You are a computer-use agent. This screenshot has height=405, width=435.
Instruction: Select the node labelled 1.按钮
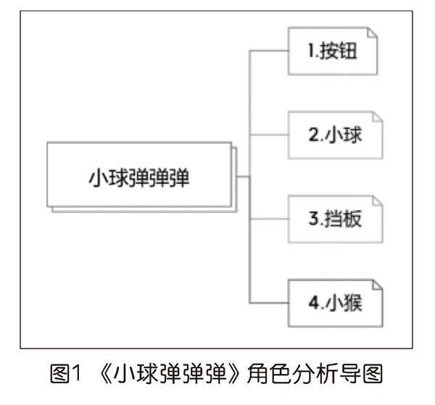[x=334, y=51]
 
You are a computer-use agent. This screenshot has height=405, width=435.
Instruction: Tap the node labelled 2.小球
[x=334, y=135]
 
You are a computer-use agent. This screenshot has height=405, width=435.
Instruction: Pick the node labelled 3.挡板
[x=334, y=218]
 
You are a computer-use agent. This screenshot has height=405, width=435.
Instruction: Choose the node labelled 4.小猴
[x=334, y=301]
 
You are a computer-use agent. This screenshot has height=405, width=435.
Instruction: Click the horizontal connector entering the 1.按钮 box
[x=269, y=51]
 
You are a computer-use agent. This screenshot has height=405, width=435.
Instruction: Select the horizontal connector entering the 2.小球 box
[x=269, y=135]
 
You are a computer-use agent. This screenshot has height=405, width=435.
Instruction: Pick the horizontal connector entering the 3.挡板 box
[x=269, y=218]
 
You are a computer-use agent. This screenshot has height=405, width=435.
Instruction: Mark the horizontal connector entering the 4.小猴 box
[x=269, y=301]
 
